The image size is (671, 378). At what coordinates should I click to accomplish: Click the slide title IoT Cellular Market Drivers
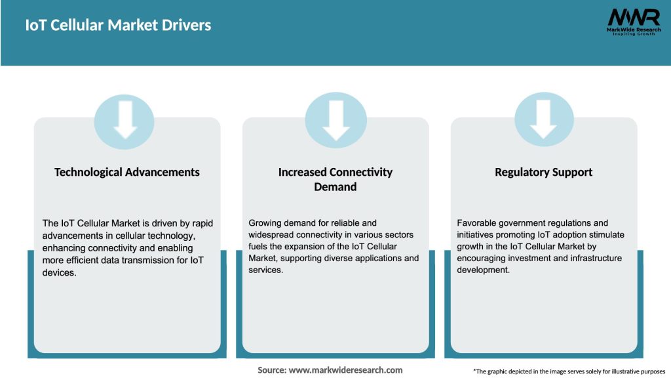click(118, 26)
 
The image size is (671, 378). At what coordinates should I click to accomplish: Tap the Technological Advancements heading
click(127, 172)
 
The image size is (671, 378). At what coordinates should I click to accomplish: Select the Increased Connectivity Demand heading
click(335, 179)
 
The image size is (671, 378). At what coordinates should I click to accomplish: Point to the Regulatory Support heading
click(543, 172)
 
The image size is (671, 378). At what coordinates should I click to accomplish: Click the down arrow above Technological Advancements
click(125, 120)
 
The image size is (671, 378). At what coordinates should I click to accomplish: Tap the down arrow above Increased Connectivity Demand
click(335, 120)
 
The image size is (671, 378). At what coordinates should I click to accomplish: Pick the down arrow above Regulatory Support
click(543, 120)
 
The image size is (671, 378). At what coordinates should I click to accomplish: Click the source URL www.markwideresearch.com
click(345, 370)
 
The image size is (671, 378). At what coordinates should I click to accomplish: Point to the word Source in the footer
click(271, 370)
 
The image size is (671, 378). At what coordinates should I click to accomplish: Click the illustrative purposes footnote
click(569, 371)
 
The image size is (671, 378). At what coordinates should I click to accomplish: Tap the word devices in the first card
click(59, 272)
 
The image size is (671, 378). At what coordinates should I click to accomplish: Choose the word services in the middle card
click(265, 270)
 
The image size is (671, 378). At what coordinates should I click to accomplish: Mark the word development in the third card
click(483, 270)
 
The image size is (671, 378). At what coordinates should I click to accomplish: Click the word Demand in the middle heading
click(335, 187)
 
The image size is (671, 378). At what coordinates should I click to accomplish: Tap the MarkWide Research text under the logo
click(633, 30)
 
